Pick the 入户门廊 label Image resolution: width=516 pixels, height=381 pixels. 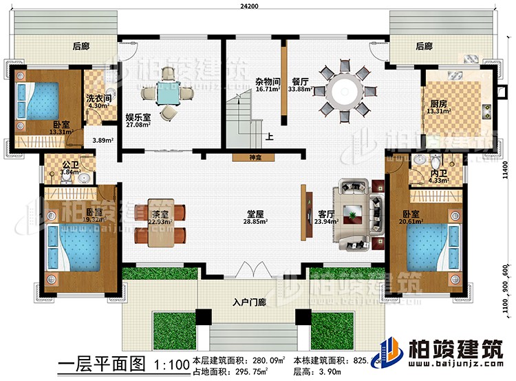pos(245,300)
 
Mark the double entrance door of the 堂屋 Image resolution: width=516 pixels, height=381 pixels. pos(250,269)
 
